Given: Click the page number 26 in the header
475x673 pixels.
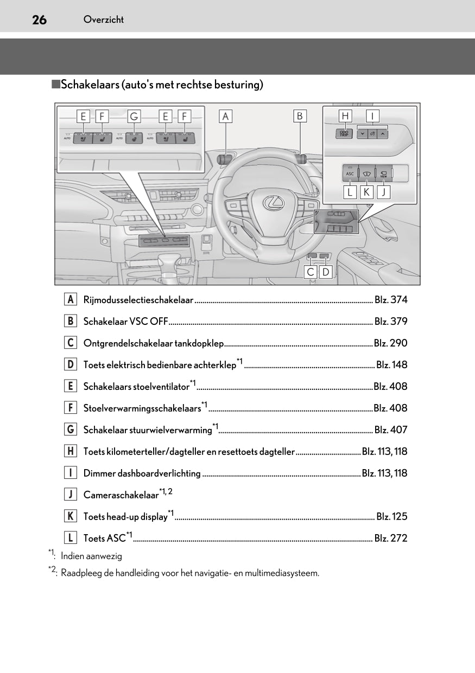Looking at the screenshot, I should (x=39, y=20).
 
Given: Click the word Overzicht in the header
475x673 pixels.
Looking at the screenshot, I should (x=104, y=20).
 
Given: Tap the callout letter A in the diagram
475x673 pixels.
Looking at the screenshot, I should (x=226, y=116).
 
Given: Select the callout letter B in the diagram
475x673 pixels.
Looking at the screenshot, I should (x=300, y=116).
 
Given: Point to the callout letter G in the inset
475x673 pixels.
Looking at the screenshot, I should (x=134, y=116).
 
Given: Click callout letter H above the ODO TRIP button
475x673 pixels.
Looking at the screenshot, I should (x=345, y=116).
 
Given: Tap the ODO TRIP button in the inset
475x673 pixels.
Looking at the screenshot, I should (x=344, y=133).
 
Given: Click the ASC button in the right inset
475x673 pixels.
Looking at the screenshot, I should (x=350, y=174).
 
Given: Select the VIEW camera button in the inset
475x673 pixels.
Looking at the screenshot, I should (x=383, y=174).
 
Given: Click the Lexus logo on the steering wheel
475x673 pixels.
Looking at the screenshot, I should (x=274, y=203).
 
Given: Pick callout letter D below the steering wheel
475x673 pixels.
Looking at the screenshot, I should (x=325, y=272).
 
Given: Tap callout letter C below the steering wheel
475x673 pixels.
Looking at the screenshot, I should (x=311, y=272).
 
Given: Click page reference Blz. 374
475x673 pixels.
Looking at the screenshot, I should (x=391, y=300).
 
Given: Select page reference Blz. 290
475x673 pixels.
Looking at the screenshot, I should (x=390, y=343).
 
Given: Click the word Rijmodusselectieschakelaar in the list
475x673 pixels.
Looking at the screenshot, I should (x=138, y=300).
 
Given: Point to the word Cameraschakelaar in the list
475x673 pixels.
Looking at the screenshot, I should (x=121, y=495).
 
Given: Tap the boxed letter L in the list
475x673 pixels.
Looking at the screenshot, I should (x=70, y=538).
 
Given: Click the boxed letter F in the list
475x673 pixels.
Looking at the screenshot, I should (x=70, y=408).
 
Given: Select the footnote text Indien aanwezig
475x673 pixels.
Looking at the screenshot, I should (x=91, y=556).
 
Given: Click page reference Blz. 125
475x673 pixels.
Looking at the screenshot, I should (x=391, y=517).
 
